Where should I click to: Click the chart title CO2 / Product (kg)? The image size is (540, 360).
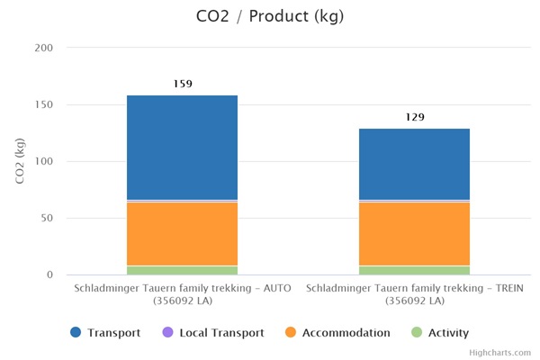coord(269,16)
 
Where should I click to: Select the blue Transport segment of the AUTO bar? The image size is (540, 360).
coord(182,147)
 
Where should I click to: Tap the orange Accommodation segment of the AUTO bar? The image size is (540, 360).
coord(182,233)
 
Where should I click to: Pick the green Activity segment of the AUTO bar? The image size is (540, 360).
coord(182,270)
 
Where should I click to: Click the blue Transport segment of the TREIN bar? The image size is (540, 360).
coord(414,164)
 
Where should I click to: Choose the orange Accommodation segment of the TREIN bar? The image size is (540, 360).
coord(414,233)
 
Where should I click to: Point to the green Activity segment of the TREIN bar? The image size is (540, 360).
coord(414,270)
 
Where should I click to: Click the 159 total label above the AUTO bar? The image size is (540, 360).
coord(182,84)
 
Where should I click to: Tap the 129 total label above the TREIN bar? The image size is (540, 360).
coord(414,117)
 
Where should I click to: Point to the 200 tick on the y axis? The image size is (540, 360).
coord(43,48)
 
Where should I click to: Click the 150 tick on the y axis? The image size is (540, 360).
coord(43,104)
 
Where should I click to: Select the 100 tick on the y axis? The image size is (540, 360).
coord(43,161)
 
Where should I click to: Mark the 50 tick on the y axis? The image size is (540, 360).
coord(46,218)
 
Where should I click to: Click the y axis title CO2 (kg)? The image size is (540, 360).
coord(21,161)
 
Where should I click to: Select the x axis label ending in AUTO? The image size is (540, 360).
coord(182,294)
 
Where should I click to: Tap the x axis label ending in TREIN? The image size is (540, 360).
coord(414,294)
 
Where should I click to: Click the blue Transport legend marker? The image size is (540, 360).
coord(76,333)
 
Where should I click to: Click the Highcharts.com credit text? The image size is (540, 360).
coord(506,353)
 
